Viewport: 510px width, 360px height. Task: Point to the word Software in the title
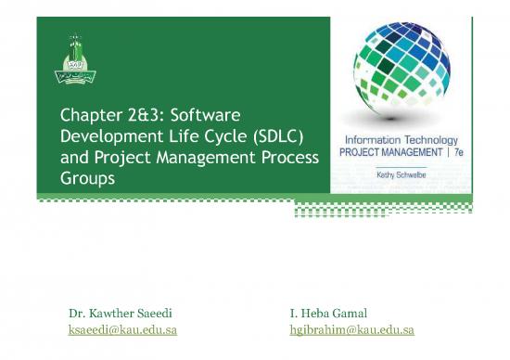(x=210, y=117)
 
